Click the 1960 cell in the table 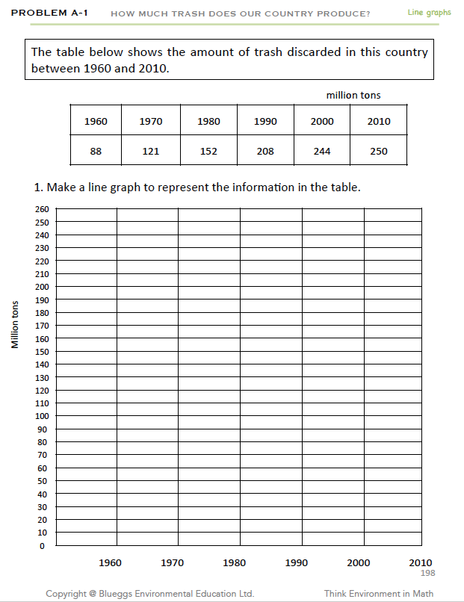coord(96,121)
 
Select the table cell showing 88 coord(96,151)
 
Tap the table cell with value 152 coord(208,151)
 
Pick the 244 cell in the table coord(322,151)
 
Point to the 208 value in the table coord(265,151)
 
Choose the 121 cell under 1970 coord(151,151)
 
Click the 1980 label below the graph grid coord(235,562)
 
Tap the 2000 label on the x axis coord(359,562)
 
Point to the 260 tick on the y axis coord(41,209)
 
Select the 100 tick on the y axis coord(41,416)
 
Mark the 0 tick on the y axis coord(43,546)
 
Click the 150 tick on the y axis coord(41,352)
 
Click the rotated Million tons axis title coord(15,324)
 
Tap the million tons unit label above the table coord(353,95)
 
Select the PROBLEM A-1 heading coord(50,13)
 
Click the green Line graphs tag coord(429,13)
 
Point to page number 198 coord(428,573)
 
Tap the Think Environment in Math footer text coord(379,594)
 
